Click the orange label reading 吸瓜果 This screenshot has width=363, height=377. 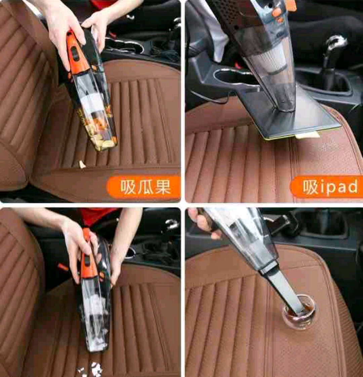click(x=144, y=187)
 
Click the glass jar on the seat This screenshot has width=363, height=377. click(x=299, y=312)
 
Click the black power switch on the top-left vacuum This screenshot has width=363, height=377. click(x=74, y=53)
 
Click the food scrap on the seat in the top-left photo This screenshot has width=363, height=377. click(x=82, y=164)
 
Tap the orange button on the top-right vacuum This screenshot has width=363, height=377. click(x=277, y=11)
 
